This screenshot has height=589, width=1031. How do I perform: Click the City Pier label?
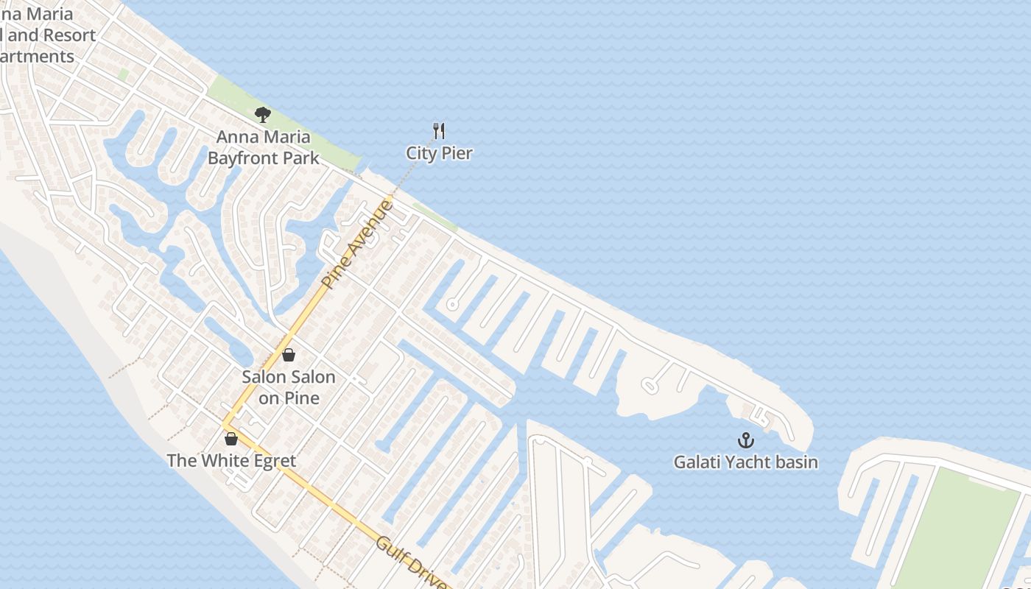coord(439,153)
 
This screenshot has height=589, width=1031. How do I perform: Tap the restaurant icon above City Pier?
coord(439,131)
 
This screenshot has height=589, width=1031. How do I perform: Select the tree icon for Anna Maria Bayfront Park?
coord(262,115)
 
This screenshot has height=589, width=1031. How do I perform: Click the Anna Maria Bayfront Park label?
coord(264,147)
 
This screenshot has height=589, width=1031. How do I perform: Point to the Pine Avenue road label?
coord(358,244)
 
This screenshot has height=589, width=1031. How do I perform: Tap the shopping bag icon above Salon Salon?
coord(289,355)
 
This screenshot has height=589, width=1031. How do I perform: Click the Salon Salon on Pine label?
coord(289,387)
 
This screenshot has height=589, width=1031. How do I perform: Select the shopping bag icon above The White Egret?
coord(231,439)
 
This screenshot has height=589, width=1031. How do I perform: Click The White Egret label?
coord(231,461)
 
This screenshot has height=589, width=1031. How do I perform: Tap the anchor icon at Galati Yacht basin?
coord(746,440)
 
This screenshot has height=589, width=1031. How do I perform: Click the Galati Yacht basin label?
coord(746,462)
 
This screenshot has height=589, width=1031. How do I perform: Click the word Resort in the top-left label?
coord(69,35)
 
